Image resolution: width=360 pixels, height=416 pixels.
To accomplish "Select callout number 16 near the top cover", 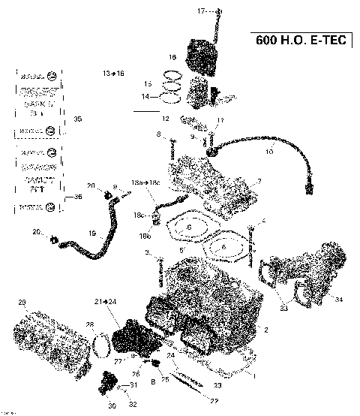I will tap(172, 57).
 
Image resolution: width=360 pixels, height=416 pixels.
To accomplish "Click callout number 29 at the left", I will tap(22, 302).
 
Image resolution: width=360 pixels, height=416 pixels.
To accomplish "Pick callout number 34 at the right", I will tap(339, 300).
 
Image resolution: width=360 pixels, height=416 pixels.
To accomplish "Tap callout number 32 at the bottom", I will tap(133, 404).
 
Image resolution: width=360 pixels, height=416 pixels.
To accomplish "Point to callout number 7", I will tap(258, 181).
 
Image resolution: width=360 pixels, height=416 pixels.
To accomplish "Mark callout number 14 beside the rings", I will tap(146, 97).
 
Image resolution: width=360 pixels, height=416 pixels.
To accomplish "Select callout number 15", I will tap(148, 83).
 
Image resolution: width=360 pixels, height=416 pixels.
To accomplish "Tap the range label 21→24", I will tap(105, 301).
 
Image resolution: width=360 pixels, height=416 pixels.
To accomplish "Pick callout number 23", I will tap(217, 384).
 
